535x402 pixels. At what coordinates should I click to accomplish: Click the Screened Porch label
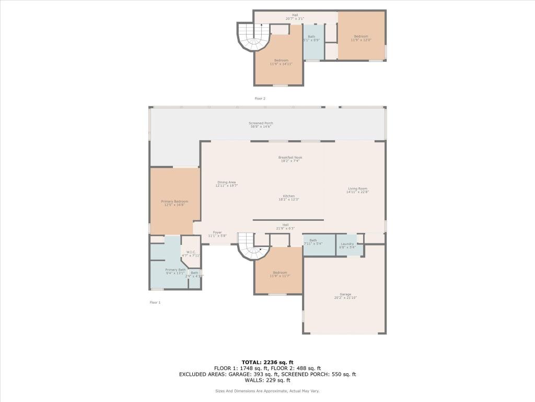tap(261, 125)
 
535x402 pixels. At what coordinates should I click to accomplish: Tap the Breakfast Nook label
tap(290, 159)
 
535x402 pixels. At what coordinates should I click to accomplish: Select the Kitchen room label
tap(289, 198)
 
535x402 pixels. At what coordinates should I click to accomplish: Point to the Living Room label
tap(358, 190)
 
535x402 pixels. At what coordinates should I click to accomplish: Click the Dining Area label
tap(226, 184)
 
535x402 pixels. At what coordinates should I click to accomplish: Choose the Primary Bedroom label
tap(174, 203)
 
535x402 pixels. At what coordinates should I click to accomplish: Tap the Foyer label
tap(217, 234)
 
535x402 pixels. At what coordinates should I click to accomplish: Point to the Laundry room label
tap(347, 245)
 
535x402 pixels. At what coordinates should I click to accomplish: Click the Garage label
tap(345, 296)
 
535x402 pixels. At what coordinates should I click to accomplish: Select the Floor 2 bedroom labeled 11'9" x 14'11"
tap(281, 62)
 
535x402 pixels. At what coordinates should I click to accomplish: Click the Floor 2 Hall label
tap(295, 17)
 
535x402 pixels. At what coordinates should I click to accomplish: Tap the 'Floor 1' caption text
tap(155, 303)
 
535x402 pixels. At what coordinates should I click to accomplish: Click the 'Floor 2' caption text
tap(260, 98)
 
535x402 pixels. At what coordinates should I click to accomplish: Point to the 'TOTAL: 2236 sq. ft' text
tap(267, 362)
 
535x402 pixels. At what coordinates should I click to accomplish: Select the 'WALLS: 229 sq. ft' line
tap(267, 381)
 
